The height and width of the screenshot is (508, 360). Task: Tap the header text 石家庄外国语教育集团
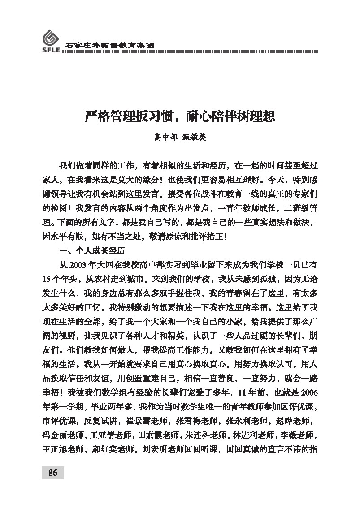point(110,45)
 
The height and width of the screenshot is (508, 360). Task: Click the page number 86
point(53,473)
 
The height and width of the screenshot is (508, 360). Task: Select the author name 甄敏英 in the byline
point(194,138)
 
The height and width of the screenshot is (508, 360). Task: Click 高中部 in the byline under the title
point(165,138)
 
